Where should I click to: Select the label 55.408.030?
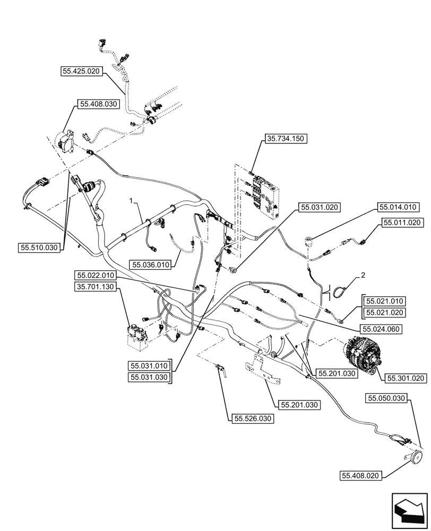coord(97,105)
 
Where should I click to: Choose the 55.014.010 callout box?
coord(398,207)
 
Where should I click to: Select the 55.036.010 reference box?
coord(151,264)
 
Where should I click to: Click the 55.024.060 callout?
coord(381,329)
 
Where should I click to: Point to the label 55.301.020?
coord(405,379)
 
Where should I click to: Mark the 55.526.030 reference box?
coord(252,419)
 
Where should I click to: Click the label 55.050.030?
coord(387,398)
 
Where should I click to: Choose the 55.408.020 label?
coord(360,476)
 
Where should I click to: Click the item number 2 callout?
coord(363,275)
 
